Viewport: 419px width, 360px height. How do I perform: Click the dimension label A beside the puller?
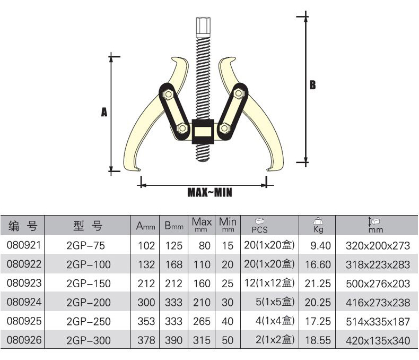[104, 112]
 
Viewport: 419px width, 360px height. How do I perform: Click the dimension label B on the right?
[312, 85]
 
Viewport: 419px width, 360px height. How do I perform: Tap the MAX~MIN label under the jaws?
[210, 192]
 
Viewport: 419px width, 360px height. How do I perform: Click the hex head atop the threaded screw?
[203, 27]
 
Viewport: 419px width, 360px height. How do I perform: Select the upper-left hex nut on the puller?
[168, 94]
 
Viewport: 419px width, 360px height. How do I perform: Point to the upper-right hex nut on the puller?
[239, 93]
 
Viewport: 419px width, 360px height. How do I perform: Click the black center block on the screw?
[203, 132]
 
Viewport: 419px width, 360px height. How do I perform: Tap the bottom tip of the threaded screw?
[203, 160]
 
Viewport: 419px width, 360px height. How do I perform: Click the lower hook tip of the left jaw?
[140, 169]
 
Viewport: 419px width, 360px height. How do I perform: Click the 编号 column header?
[23, 226]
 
